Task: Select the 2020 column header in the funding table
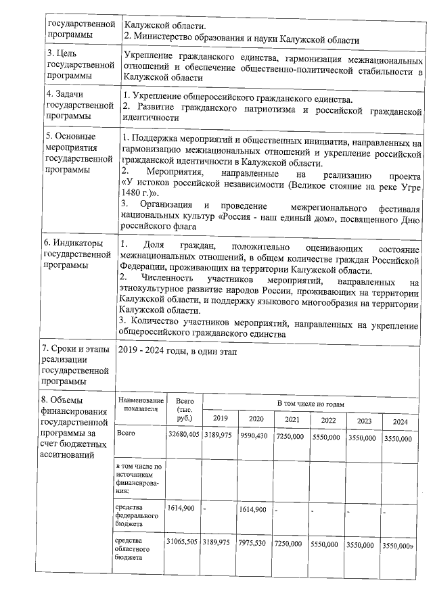pos(256,419)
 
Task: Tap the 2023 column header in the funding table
pos(364,420)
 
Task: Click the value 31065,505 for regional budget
pos(183,543)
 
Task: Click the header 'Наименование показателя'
pos(140,404)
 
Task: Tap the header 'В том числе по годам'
pos(311,404)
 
